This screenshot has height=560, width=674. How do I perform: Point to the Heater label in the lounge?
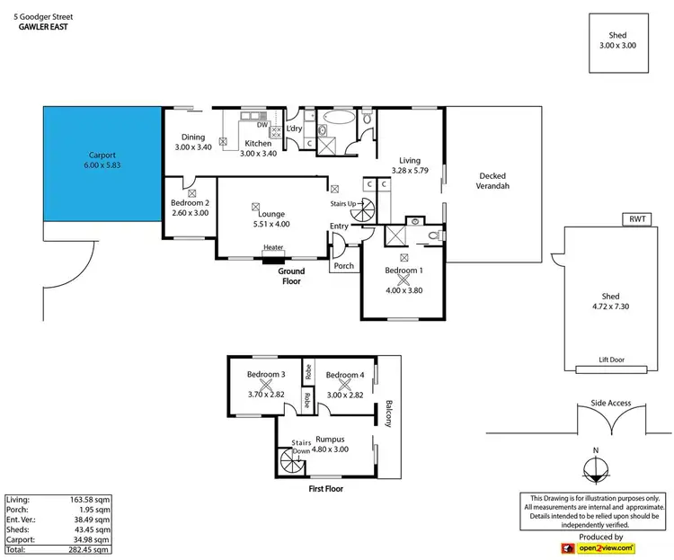[273, 249]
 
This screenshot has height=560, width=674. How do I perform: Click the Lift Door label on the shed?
[611, 360]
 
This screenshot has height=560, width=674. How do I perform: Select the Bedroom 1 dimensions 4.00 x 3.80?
[403, 289]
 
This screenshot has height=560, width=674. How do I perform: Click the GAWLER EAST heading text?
[43, 27]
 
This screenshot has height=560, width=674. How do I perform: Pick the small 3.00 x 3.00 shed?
[617, 41]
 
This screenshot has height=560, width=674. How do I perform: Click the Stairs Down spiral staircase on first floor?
[292, 465]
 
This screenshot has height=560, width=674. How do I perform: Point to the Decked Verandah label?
[494, 181]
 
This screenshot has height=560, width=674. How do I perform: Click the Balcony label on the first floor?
[389, 413]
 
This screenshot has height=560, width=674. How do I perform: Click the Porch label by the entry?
[343, 266]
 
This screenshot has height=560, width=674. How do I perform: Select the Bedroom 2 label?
[190, 202]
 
